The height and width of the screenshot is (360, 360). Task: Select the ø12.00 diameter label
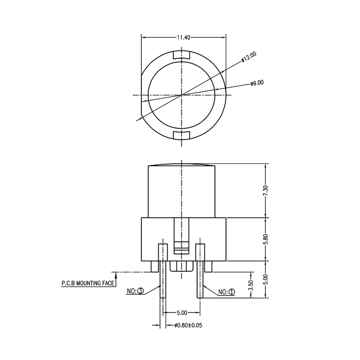[248, 58]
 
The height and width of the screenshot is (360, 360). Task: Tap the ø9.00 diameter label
[257, 83]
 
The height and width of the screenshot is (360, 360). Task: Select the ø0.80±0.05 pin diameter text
[188, 325]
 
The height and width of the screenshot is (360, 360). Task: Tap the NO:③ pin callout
[135, 291]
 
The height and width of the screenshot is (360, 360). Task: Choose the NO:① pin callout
[226, 292]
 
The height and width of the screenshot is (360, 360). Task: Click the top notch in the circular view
[181, 55]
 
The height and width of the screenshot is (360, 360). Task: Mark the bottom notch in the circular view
[181, 135]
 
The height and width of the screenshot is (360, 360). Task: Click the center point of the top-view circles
[181, 95]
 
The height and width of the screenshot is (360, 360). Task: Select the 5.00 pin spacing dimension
[181, 312]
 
